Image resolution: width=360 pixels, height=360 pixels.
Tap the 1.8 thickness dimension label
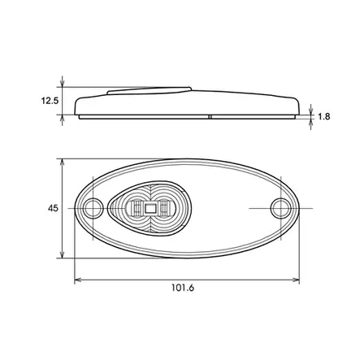click(323, 116)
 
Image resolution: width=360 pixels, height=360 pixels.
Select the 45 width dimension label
click(53, 208)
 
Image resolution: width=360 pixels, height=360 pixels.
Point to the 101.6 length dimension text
click(183, 287)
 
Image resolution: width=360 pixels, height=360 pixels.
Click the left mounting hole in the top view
click(93, 207)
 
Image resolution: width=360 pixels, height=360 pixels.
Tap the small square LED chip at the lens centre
click(150, 209)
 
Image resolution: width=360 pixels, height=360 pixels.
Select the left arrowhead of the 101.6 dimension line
click(78, 280)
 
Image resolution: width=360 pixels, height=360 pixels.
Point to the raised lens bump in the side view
click(150, 89)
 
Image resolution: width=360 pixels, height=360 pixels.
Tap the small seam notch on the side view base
click(210, 116)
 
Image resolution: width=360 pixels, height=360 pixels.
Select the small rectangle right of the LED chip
click(163, 209)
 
